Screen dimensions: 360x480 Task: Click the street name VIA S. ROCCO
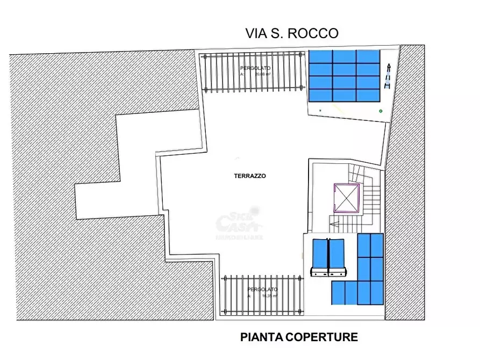292,33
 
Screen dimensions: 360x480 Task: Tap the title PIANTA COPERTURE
299,337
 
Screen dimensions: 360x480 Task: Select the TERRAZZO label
250,176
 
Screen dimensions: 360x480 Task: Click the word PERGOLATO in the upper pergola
255,68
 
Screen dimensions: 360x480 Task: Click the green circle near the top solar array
381,111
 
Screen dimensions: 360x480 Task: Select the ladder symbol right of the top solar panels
388,75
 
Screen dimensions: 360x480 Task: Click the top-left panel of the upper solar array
320,56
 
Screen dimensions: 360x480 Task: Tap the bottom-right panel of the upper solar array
368,95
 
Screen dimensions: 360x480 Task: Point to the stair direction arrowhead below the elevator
333,225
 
